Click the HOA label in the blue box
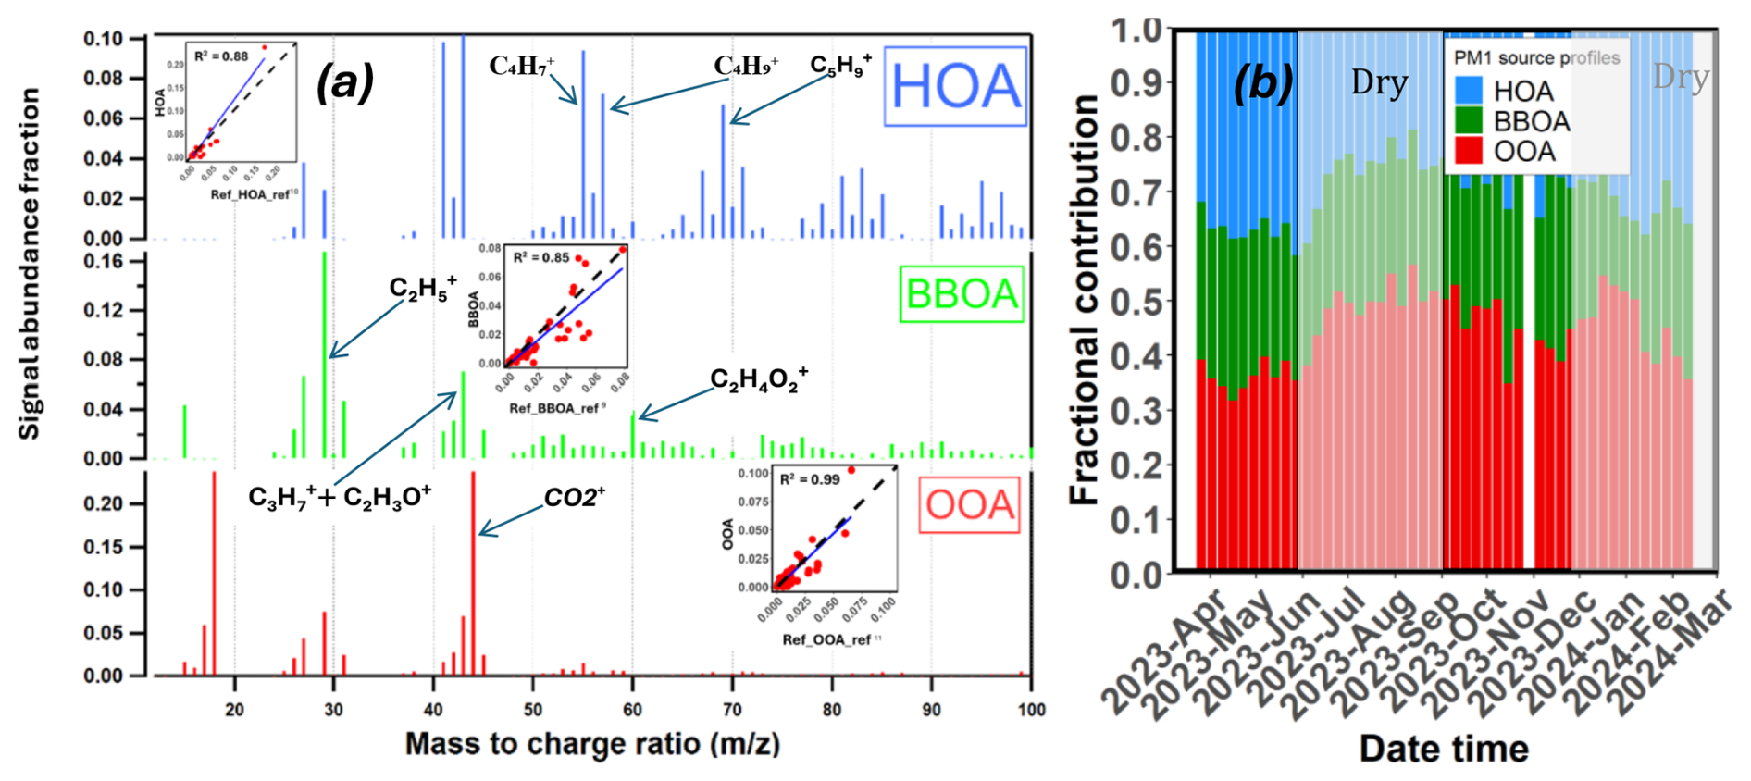click(x=955, y=86)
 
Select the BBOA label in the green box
click(x=962, y=294)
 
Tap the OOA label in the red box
click(x=969, y=504)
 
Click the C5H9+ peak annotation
click(x=840, y=65)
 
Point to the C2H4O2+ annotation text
click(x=759, y=379)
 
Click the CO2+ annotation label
click(x=574, y=498)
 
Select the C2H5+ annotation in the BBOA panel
click(x=423, y=288)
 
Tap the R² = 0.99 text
click(x=810, y=479)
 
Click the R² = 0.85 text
click(x=541, y=257)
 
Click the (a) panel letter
click(x=344, y=83)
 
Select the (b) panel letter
click(x=1263, y=83)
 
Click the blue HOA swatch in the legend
click(x=1469, y=91)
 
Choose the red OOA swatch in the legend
click(x=1469, y=151)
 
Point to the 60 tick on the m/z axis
click(x=632, y=710)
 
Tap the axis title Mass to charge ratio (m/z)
click(x=592, y=745)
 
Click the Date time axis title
click(x=1444, y=749)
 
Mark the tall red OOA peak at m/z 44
click(x=473, y=574)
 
